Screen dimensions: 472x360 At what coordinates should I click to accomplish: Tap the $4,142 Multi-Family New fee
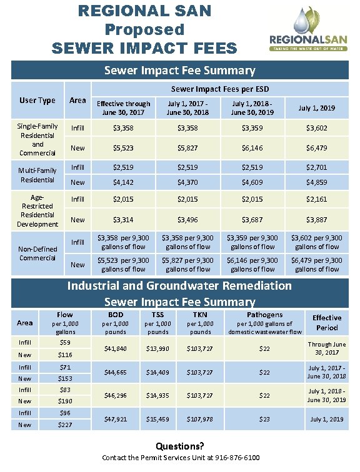[x=123, y=182]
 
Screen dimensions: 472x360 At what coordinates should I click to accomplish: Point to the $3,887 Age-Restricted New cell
[x=317, y=220]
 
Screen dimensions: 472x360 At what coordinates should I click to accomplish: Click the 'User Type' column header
[x=37, y=100]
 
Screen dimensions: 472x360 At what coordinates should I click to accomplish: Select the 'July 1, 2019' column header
[x=317, y=108]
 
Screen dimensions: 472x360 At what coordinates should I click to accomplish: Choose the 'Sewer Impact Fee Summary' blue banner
[x=179, y=71]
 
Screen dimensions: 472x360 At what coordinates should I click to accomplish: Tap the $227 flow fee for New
[x=65, y=425]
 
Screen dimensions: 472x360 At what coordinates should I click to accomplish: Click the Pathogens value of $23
[x=265, y=418]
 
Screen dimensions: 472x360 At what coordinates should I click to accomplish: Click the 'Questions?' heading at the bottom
[x=180, y=446]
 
